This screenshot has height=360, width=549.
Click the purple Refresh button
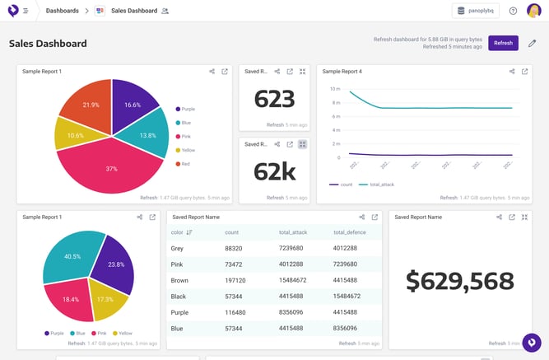503,43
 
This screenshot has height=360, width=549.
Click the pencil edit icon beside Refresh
532,43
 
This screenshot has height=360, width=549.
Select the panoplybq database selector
475,11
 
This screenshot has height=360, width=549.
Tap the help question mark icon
513,11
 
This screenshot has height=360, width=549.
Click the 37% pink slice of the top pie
111,167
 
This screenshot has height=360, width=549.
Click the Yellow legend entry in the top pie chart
187,150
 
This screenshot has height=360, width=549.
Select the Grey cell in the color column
178,248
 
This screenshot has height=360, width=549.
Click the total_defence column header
350,232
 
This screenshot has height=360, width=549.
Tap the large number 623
274,99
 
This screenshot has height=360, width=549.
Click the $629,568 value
459,281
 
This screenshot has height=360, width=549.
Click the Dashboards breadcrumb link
62,11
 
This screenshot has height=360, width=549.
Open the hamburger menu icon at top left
26,11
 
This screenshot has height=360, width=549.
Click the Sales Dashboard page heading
48,44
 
